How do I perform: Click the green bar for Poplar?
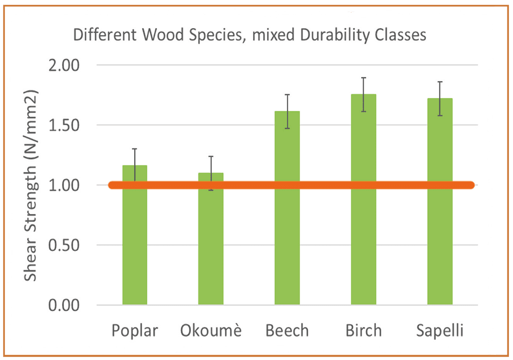coord(135,241)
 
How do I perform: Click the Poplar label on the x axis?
coord(135,331)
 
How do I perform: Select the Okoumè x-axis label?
coord(211,331)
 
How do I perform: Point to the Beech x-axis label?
coord(287,331)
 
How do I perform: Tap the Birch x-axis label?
coord(363,331)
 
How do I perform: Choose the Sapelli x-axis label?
coord(439,331)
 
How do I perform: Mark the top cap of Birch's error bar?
coord(363,78)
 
